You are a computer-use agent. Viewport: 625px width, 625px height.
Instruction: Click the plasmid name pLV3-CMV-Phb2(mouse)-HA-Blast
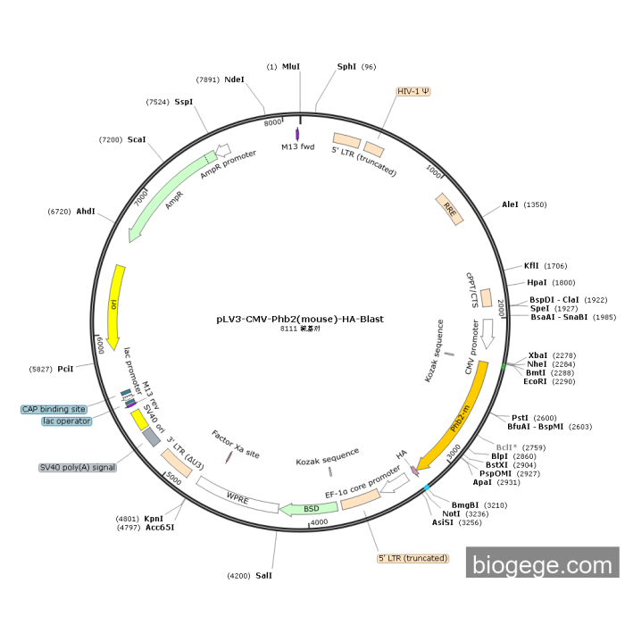(300, 318)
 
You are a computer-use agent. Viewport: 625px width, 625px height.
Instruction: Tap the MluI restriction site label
(291, 67)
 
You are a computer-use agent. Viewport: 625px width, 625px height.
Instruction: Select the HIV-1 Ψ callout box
(413, 91)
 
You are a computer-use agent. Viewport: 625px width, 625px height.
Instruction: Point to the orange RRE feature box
(449, 208)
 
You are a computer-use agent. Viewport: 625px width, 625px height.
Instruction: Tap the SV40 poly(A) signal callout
(78, 467)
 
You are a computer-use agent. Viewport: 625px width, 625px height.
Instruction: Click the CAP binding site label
(54, 409)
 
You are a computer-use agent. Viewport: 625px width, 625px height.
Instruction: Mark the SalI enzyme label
(263, 576)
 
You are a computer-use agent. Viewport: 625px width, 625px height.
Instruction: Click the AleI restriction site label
(510, 204)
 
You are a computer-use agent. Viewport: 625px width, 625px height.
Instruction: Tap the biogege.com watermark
(542, 563)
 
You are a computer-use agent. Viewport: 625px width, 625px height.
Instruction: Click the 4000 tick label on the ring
(320, 522)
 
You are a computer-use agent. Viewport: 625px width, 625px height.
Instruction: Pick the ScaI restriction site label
(137, 140)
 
